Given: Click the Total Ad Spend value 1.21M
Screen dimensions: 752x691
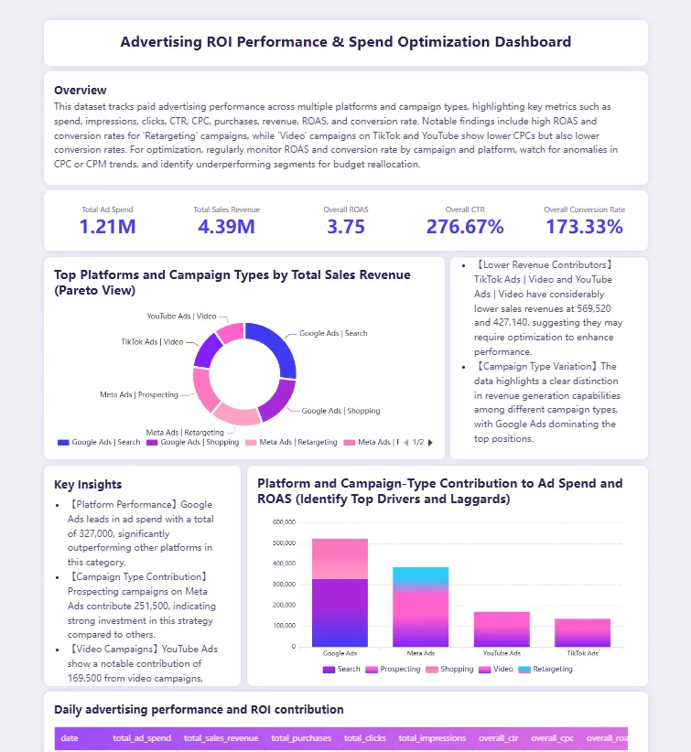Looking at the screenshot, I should click(107, 227).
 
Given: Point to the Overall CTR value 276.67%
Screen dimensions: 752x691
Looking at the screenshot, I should click(465, 227).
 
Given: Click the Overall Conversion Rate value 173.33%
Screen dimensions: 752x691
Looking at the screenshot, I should click(585, 227).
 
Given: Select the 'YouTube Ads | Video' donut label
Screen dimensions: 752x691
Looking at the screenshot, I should click(181, 317).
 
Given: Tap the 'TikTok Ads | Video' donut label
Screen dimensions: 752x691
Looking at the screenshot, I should click(152, 341).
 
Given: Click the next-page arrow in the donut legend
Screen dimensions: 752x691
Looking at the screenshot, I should click(430, 443).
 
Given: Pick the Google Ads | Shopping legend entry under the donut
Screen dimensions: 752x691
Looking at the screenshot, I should click(192, 443).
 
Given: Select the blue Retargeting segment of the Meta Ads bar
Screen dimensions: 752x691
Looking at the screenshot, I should click(420, 577).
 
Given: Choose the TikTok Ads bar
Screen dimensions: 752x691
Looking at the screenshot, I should click(582, 632).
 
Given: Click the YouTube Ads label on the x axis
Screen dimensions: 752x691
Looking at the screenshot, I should click(502, 654).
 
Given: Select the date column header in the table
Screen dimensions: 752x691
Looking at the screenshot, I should click(70, 738).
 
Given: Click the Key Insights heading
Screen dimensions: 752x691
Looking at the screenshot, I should click(88, 485).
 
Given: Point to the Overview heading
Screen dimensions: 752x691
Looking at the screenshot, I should click(80, 91).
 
